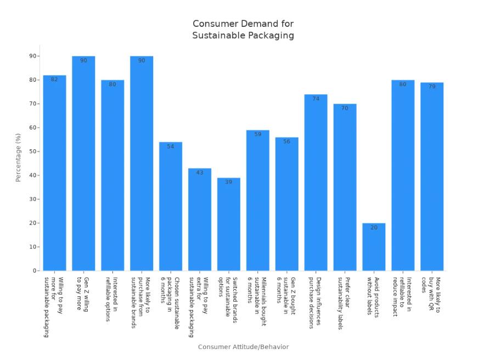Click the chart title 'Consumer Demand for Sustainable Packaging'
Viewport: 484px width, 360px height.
tap(243, 30)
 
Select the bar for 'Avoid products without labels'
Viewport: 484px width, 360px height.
tap(374, 247)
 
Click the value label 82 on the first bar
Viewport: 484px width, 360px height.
tap(54, 80)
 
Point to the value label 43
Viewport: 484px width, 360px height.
tap(200, 173)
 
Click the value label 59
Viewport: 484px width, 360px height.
tap(258, 134)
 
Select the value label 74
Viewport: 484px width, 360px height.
tap(316, 99)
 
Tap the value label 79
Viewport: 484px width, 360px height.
tap(432, 87)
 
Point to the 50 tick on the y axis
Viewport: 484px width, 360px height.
tap(33, 151)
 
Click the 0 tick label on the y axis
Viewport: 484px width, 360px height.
tap(35, 271)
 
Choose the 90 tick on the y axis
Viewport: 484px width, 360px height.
tap(33, 56)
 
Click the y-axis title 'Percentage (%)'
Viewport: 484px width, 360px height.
tap(18, 157)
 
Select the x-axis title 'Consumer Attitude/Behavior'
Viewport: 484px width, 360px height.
tap(243, 347)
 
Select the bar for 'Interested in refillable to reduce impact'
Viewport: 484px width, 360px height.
tap(403, 176)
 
